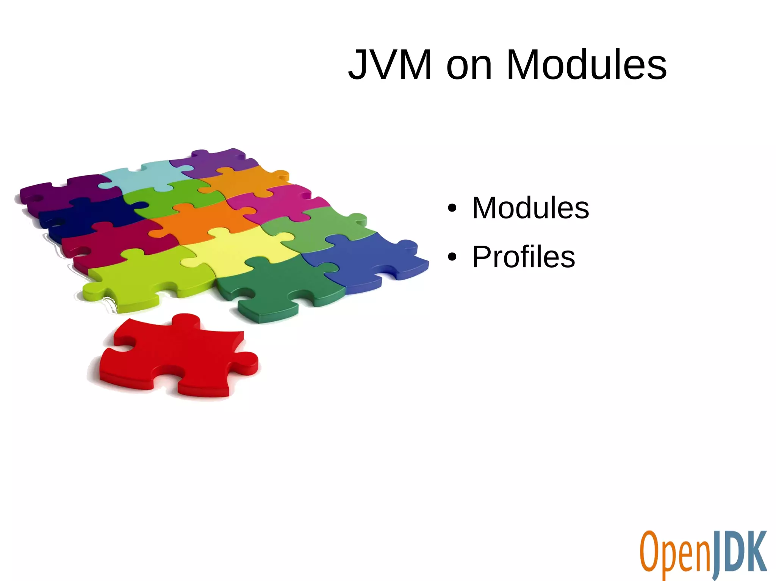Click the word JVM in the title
click(390, 65)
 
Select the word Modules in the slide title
click(586, 65)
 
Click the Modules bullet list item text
click(530, 208)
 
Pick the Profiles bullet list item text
click(524, 257)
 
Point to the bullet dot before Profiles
click(452, 257)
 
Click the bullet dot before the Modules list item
click(452, 208)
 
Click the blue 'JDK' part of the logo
click(739, 553)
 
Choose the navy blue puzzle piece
click(91, 214)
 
